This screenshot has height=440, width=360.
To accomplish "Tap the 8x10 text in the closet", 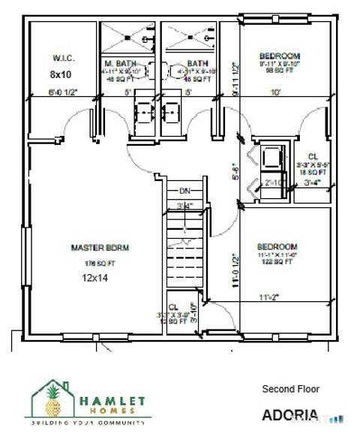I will tap(61, 74).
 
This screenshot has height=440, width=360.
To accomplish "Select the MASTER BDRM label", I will tap(92, 247).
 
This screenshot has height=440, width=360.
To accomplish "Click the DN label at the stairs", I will tap(184, 191).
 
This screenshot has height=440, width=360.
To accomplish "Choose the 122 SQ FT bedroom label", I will tap(277, 261).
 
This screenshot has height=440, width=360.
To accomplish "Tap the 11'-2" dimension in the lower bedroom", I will tap(269, 297).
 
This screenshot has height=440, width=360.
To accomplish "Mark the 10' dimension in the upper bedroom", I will tap(277, 92).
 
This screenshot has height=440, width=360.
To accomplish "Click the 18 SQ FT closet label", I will tap(310, 172).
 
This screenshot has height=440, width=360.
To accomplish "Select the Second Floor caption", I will tap(290, 389).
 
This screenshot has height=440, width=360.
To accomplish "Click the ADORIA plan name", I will tap(290, 414).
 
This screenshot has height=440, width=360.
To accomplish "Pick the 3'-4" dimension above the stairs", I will tap(184, 204).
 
